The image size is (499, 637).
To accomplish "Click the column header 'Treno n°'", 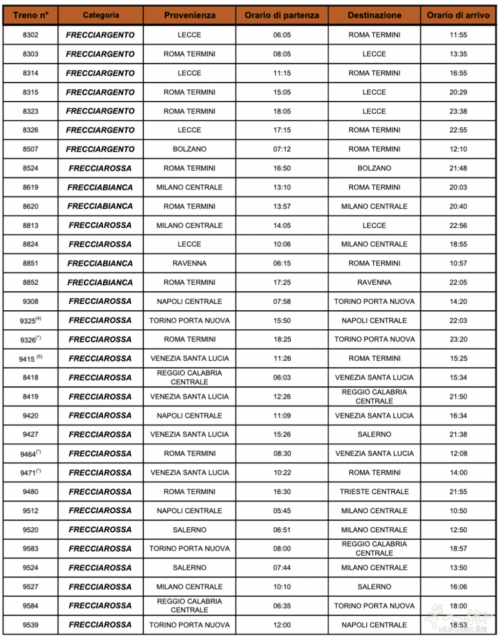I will click(x=30, y=15).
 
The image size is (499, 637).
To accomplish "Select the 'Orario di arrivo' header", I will click(x=458, y=15).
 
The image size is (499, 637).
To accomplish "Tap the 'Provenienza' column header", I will click(x=190, y=15).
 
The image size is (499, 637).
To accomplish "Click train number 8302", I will click(x=30, y=35).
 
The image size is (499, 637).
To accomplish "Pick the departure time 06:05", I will click(x=282, y=35).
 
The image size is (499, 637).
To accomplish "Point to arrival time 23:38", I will click(x=458, y=111).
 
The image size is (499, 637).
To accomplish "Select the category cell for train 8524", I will click(x=100, y=169).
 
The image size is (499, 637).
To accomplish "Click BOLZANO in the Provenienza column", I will click(x=190, y=149).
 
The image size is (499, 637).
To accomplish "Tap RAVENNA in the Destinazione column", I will click(x=374, y=282).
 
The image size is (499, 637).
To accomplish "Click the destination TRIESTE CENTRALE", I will click(x=374, y=492).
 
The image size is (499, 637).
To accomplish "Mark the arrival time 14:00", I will click(x=458, y=472).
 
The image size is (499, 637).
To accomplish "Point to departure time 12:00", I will click(x=282, y=625).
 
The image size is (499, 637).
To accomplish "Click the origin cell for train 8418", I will click(x=190, y=378).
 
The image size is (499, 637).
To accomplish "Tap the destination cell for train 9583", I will click(x=374, y=549).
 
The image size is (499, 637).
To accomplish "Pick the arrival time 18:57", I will click(x=458, y=549).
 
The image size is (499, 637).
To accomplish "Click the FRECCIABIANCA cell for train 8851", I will click(x=100, y=263).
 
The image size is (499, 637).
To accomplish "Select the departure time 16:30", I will click(x=282, y=492).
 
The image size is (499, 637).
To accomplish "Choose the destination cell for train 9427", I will click(x=374, y=434).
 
